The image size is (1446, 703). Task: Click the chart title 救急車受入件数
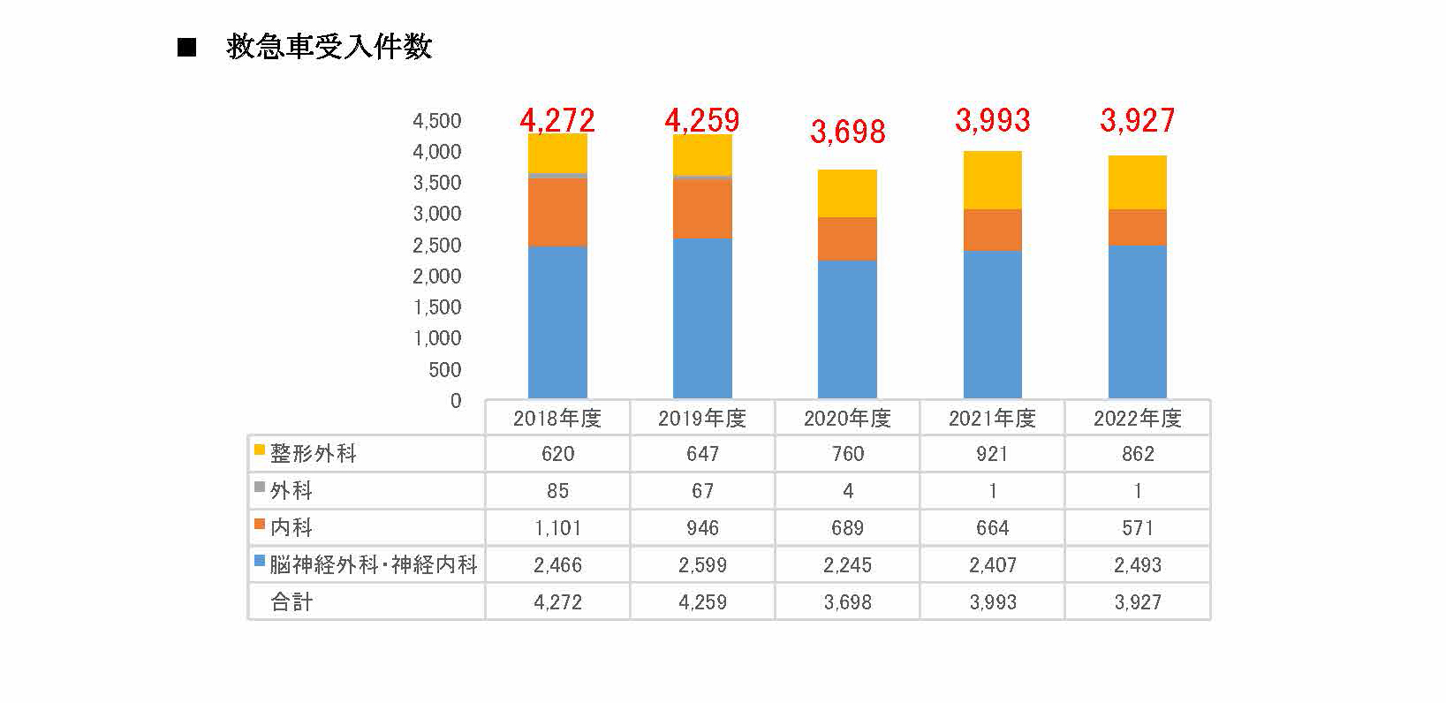pos(329,47)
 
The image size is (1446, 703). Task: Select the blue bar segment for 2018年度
pos(557,322)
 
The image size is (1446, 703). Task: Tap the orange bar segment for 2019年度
pos(702,209)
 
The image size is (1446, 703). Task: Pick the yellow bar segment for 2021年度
pos(992,180)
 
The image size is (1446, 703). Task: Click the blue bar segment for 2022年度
pos(1137,321)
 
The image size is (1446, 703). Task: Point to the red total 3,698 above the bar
pos(847,132)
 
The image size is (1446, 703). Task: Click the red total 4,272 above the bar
pos(557,120)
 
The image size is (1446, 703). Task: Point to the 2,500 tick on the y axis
pos(437,246)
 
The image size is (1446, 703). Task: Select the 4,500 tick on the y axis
pos(437,121)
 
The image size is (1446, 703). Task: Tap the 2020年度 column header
pos(847,418)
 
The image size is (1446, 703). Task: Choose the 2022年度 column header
pos(1137,418)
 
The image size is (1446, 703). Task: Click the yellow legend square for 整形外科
pos(260,450)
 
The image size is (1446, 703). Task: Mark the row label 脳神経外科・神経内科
pos(374,564)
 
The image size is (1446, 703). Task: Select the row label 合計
pos(291,602)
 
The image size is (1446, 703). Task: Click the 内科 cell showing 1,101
pos(557,528)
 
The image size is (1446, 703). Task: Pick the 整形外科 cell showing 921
pos(992,454)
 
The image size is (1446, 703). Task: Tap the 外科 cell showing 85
pos(557,491)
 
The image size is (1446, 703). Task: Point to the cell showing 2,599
pos(702,565)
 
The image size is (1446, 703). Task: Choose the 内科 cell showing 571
pos(1137,528)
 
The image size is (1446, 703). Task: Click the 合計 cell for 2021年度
pos(992,602)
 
